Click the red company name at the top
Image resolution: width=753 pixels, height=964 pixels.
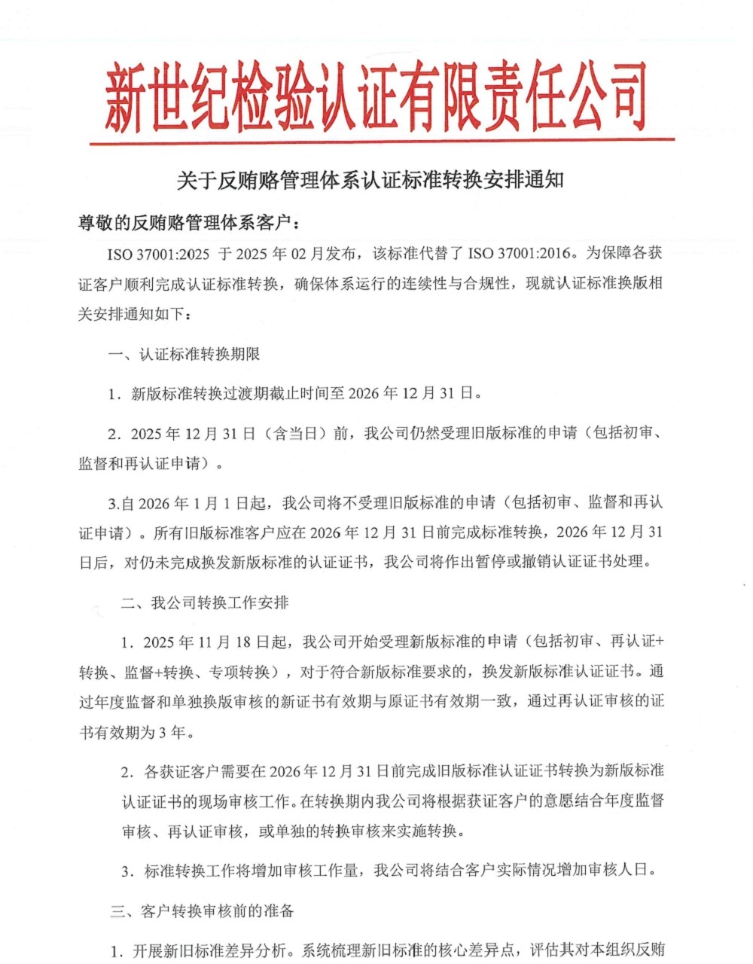[375, 96]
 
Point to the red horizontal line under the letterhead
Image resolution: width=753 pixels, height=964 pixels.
[382, 141]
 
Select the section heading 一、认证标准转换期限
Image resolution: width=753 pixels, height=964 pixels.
[184, 354]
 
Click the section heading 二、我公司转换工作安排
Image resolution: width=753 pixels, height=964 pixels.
[205, 602]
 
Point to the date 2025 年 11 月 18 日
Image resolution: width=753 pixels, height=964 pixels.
[205, 642]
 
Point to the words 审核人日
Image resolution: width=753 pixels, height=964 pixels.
[616, 871]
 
